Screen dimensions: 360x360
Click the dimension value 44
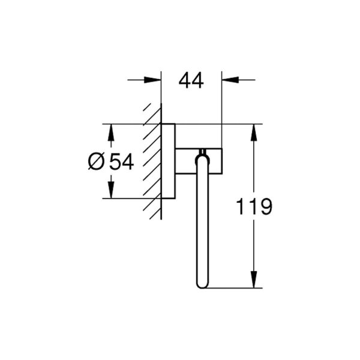pyautogui.click(x=191, y=80)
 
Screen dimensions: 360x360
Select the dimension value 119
pyautogui.click(x=254, y=207)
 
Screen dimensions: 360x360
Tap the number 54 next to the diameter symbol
pyautogui.click(x=121, y=161)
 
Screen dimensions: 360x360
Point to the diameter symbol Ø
pyautogui.click(x=96, y=161)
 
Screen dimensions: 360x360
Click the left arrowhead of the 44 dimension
pyautogui.click(x=155, y=79)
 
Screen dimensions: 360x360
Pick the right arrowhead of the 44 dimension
pyautogui.click(x=229, y=79)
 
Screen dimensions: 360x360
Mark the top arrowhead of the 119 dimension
pyautogui.click(x=255, y=131)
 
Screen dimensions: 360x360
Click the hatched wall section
pyautogui.click(x=152, y=162)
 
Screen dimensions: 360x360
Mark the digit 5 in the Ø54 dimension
pyautogui.click(x=115, y=161)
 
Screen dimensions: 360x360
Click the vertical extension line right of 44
pyautogui.click(x=221, y=108)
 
